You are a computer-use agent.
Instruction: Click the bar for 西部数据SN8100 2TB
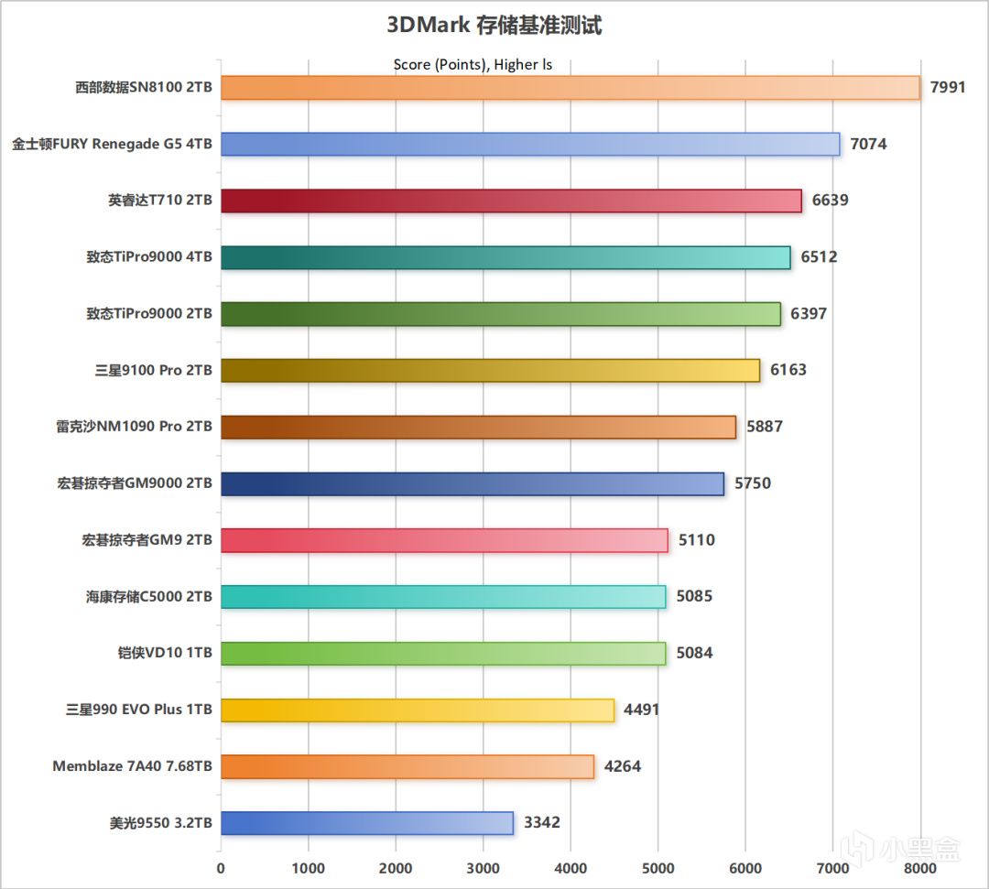pos(570,88)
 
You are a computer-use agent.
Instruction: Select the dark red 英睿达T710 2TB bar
pos(511,201)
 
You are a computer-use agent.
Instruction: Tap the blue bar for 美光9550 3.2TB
pos(366,823)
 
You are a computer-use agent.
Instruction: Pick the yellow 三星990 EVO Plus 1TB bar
pos(417,710)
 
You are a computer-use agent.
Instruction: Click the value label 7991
pos(948,88)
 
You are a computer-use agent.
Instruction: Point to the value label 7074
pos(868,144)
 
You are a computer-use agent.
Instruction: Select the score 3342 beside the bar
pos(542,823)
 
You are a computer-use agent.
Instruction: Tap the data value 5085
pos(694,596)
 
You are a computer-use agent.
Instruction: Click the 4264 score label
pos(623,766)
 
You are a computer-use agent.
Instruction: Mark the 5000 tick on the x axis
pos(658,868)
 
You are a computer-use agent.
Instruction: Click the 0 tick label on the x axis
pos(221,868)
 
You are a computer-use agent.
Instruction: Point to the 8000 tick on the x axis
pos(919,868)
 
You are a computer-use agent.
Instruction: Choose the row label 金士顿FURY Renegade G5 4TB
pos(112,145)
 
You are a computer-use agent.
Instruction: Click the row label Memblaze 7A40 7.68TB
pos(132,766)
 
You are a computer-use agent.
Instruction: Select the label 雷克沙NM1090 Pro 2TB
pos(134,427)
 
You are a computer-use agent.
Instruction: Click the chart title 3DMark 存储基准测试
pos(494,26)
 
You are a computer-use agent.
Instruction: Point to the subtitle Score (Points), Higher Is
pos(473,65)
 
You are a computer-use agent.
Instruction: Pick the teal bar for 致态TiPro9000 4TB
pos(505,257)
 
